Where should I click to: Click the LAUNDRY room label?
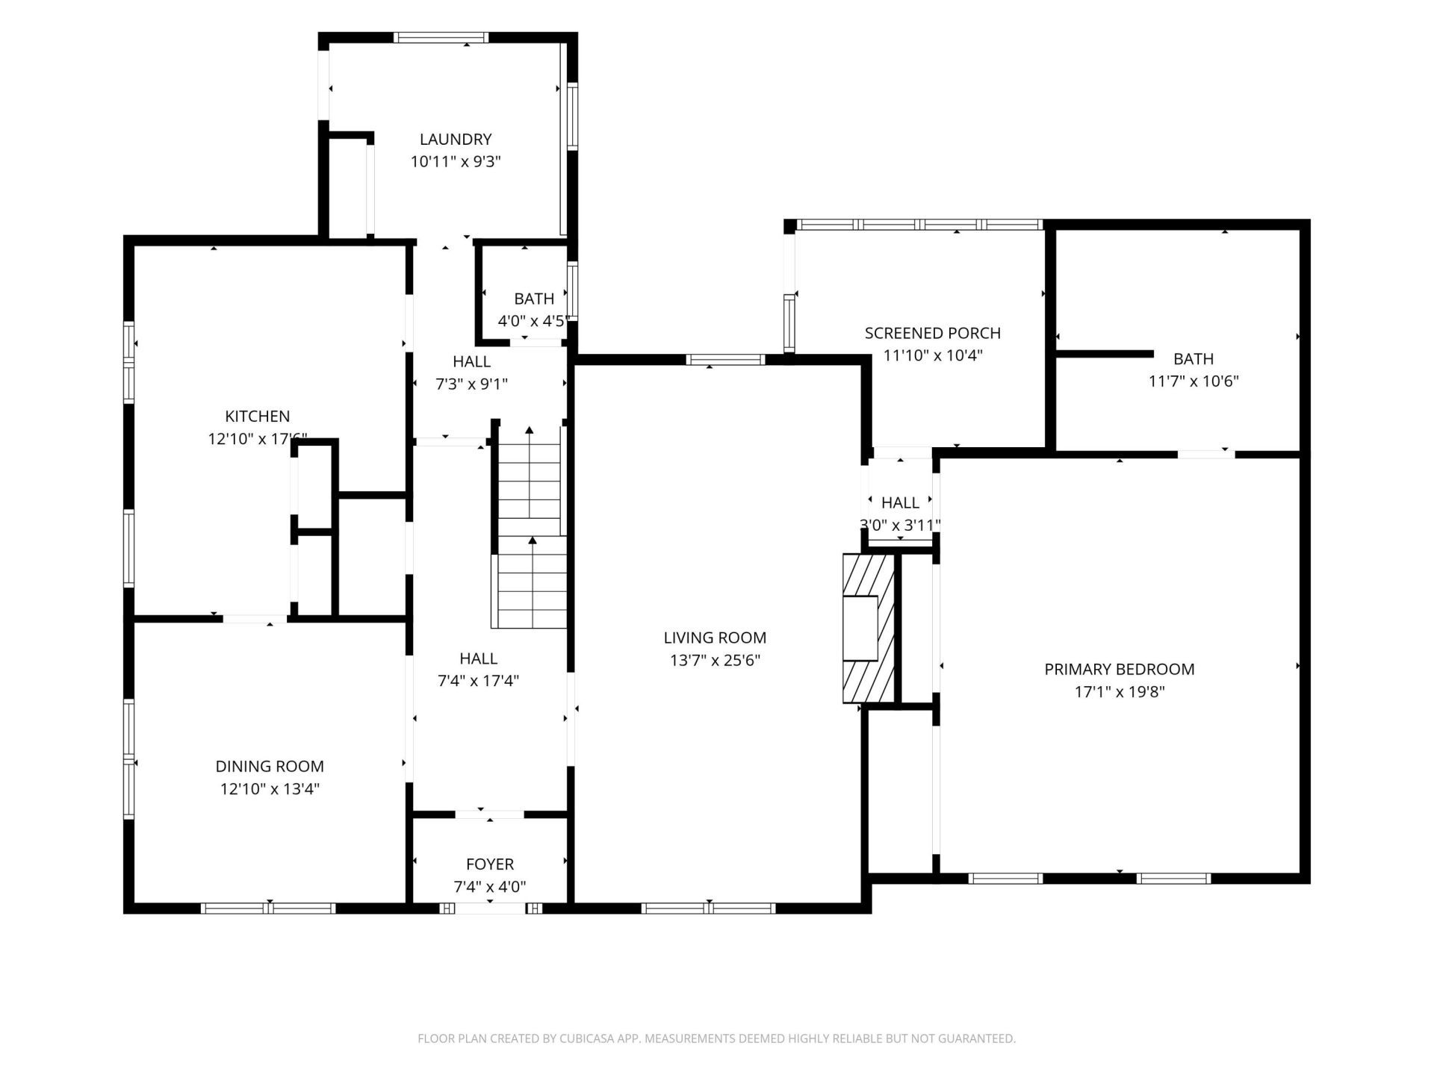tap(456, 139)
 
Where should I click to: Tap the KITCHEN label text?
tap(258, 416)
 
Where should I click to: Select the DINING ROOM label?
tap(270, 766)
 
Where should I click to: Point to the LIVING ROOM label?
tap(715, 638)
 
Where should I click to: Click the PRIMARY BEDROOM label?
tap(1120, 669)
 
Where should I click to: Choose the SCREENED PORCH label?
tap(933, 333)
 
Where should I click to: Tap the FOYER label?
tap(490, 864)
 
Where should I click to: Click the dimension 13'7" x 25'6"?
tap(715, 660)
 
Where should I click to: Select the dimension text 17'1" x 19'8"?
tap(1120, 691)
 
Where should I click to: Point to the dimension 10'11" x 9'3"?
tap(456, 161)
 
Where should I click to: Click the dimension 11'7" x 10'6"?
tap(1194, 381)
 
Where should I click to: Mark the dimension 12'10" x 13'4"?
tap(270, 788)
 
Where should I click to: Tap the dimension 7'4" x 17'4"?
tap(478, 681)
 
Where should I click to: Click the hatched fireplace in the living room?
tap(869, 628)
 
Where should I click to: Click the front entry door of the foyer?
tap(490, 909)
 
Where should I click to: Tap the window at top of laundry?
tap(441, 37)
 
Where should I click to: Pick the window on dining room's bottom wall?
tap(268, 909)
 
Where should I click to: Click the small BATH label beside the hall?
tap(534, 299)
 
